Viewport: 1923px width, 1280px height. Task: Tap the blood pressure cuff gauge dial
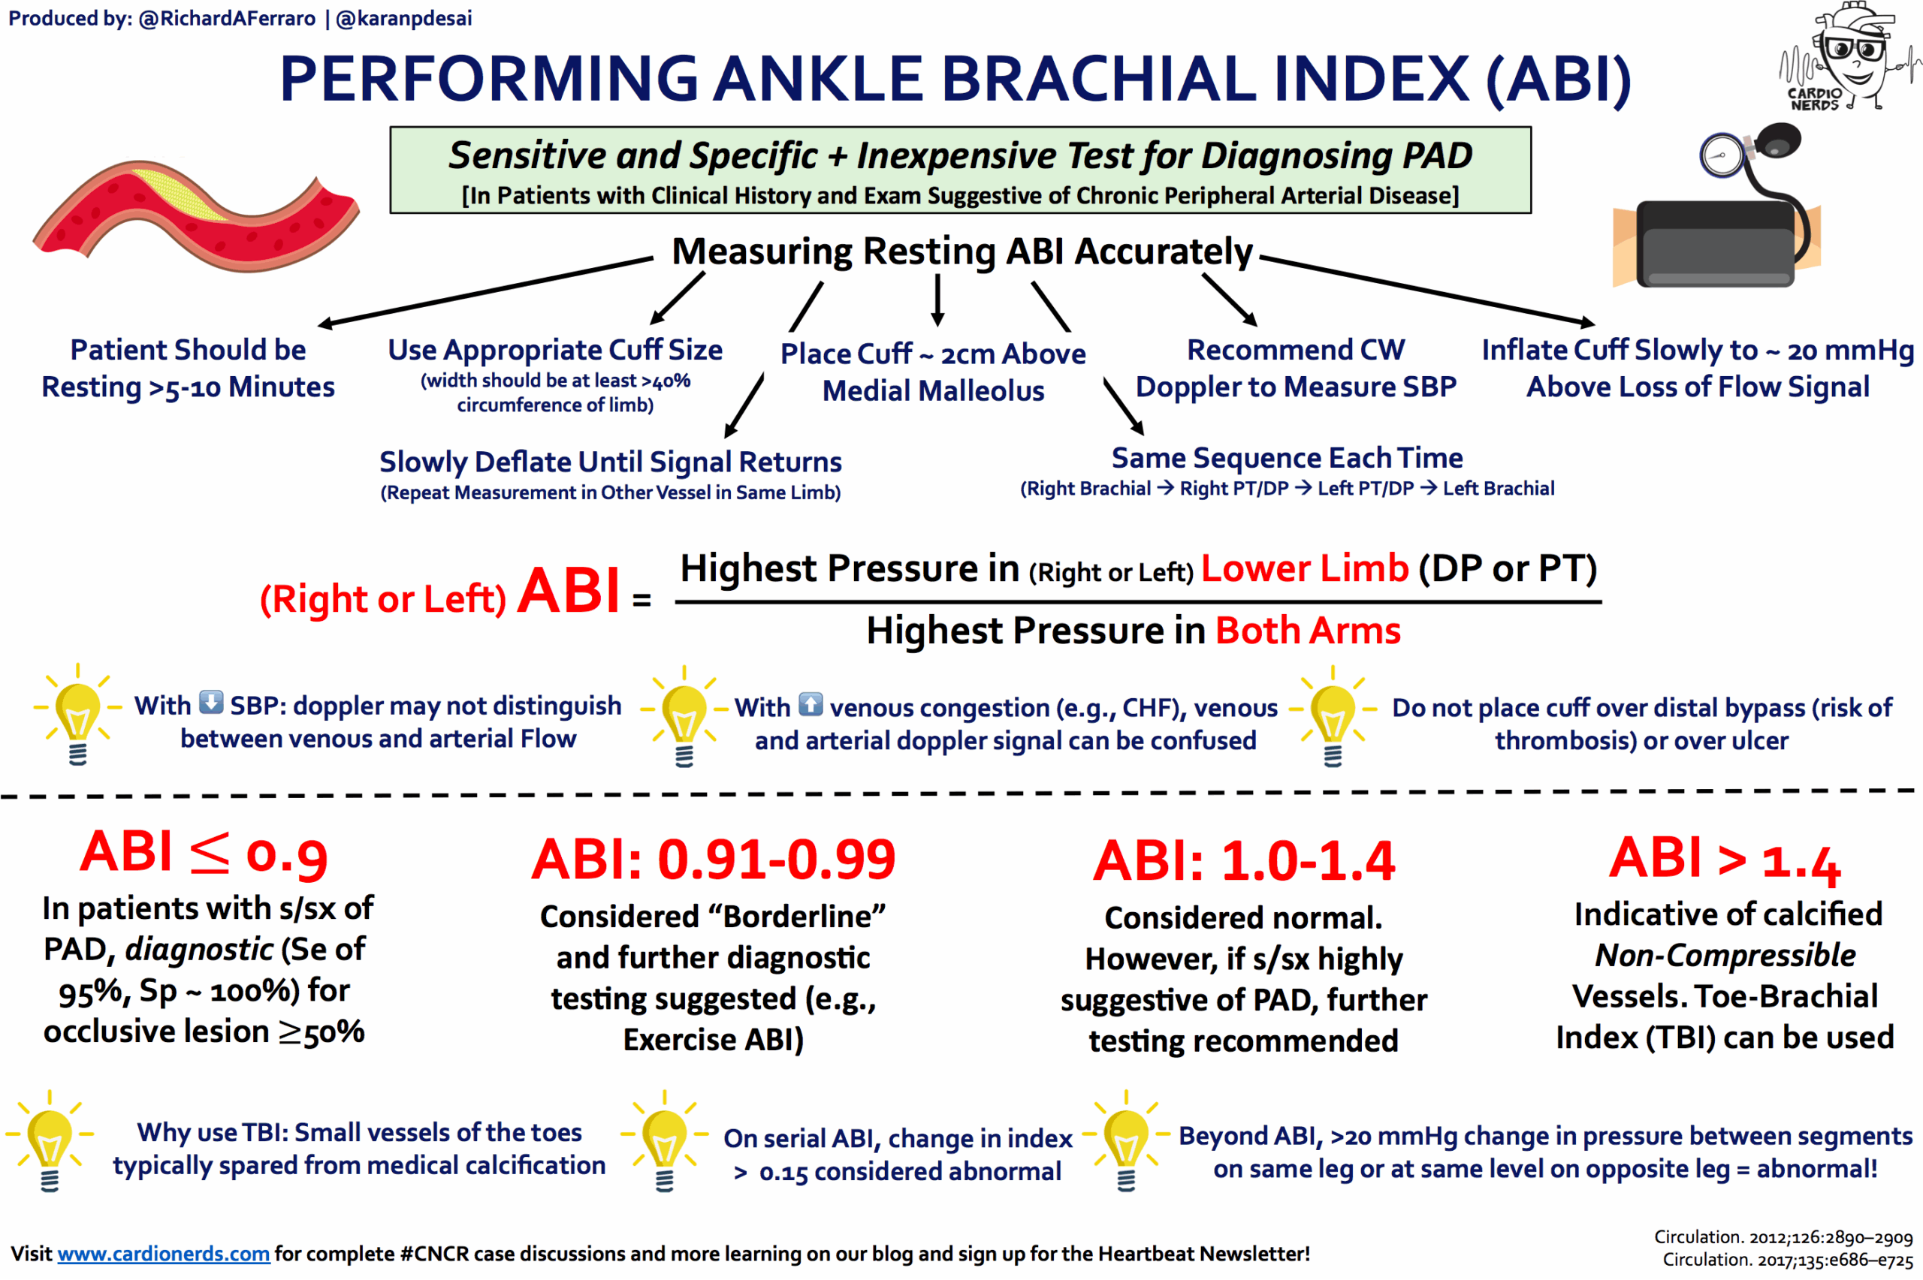[x=1722, y=155]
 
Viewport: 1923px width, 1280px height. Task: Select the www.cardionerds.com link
[x=163, y=1253]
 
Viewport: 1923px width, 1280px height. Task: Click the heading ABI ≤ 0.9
[x=204, y=854]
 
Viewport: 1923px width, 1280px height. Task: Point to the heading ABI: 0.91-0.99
[x=713, y=860]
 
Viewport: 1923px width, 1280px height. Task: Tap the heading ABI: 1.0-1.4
[x=1244, y=861]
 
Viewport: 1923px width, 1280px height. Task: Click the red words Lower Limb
[x=1304, y=568]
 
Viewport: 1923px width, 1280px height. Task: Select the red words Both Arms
[x=1307, y=631]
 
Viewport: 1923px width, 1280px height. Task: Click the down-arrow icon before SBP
[x=210, y=702]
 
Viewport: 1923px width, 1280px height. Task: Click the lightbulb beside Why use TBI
[x=50, y=1141]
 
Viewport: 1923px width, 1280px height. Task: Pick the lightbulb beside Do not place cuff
[x=1333, y=716]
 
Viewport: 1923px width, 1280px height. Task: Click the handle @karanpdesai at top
[x=403, y=18]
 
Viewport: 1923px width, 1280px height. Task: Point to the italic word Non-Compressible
[x=1725, y=955]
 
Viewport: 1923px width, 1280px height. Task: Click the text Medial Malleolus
[x=932, y=391]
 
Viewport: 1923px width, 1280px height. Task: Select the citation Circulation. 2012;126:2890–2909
[x=1783, y=1236]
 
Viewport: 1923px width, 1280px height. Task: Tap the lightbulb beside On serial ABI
[x=665, y=1141]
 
